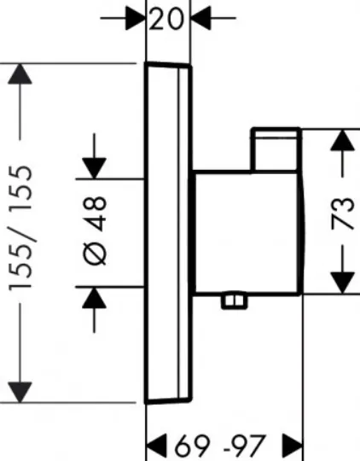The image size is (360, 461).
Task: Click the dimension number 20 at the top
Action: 166,18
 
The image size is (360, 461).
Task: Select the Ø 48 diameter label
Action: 95,231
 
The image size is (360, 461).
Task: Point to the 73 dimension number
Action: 343,213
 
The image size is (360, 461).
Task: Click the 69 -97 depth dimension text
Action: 220,445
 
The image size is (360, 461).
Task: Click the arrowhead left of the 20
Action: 136,18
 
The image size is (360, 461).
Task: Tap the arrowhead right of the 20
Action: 200,18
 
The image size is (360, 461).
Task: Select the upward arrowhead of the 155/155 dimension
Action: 20,73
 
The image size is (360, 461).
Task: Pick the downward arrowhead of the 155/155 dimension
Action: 20,392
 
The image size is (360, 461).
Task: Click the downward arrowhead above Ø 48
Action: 95,168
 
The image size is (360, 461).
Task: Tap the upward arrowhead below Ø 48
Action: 95,298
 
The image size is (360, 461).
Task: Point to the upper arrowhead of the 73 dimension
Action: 342,140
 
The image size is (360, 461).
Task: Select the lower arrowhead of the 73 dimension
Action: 342,283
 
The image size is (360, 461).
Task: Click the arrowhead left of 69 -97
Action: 156,445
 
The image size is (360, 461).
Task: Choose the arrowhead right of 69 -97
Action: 292,445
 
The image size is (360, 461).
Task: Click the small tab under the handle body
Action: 235,301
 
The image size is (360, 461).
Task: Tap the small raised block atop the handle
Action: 276,149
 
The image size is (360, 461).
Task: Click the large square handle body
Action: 247,232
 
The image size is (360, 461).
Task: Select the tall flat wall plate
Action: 168,233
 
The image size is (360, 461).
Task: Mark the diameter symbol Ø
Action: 95,254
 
